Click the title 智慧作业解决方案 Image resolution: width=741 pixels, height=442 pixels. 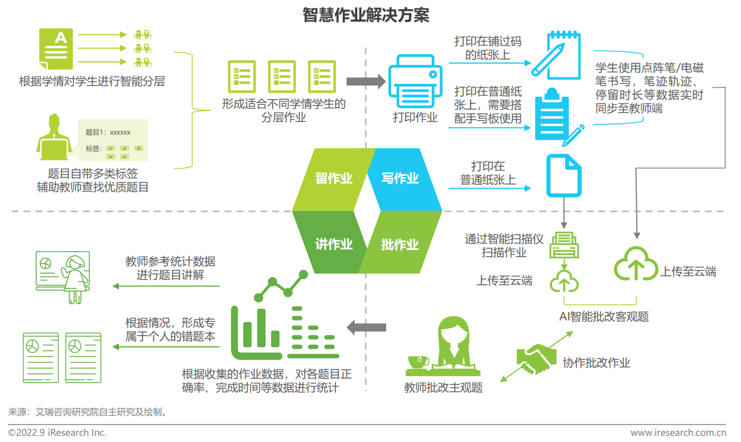pyautogui.click(x=366, y=15)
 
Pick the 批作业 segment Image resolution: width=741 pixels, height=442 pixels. pyautogui.click(x=400, y=243)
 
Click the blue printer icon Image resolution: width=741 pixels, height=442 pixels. pyautogui.click(x=415, y=81)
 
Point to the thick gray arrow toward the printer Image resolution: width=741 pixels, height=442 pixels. pyautogui.click(x=366, y=81)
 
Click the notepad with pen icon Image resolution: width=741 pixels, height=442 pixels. pyautogui.click(x=556, y=55)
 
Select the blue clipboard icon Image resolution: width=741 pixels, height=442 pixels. pyautogui.click(x=557, y=117)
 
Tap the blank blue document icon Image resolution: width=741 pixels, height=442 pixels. pyautogui.click(x=563, y=176)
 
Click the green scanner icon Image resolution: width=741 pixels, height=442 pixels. pyautogui.click(x=564, y=245)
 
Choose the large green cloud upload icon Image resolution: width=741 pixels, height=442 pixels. pyautogui.click(x=636, y=264)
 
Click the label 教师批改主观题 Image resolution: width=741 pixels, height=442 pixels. pyautogui.click(x=443, y=387)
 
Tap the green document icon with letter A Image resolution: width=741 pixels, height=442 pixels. pyautogui.click(x=56, y=48)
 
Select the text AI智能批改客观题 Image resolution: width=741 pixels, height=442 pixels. pyautogui.click(x=604, y=316)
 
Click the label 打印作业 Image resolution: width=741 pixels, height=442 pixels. pyautogui.click(x=415, y=117)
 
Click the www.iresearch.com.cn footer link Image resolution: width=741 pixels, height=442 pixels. pyautogui.click(x=678, y=432)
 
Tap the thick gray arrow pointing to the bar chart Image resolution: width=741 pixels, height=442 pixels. pyautogui.click(x=366, y=327)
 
